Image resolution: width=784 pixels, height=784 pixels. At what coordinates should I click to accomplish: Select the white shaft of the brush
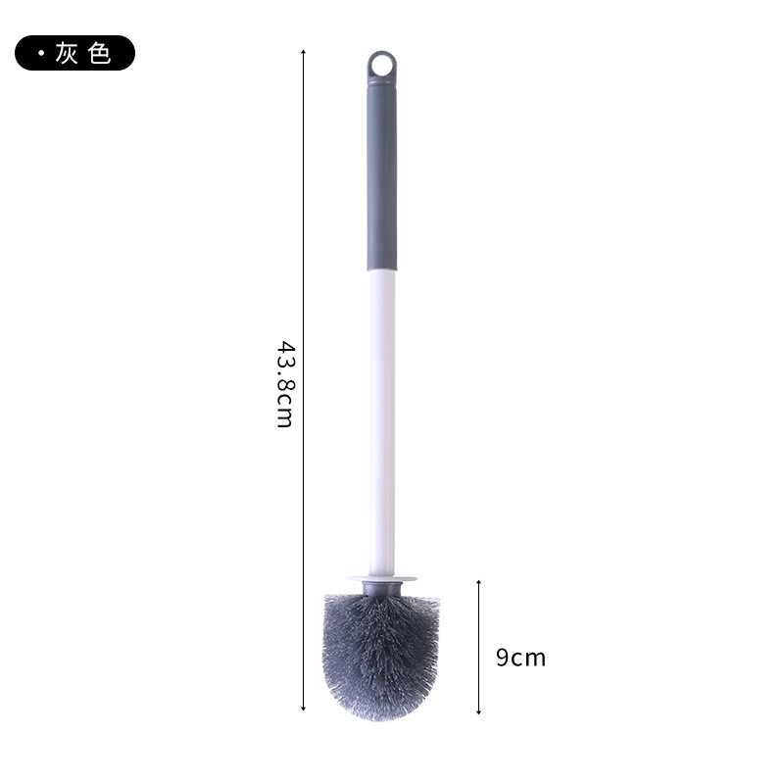(382, 423)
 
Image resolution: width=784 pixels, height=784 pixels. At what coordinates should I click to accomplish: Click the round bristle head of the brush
(381, 657)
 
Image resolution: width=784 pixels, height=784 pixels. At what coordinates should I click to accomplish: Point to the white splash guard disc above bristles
(382, 579)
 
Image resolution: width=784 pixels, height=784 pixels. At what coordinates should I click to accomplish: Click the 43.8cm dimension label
(286, 384)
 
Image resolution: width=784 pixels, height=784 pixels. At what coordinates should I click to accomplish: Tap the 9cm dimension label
(520, 658)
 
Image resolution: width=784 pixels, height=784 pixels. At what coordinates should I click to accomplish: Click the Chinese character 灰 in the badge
(67, 53)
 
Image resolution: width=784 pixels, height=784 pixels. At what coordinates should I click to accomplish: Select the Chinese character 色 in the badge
(99, 53)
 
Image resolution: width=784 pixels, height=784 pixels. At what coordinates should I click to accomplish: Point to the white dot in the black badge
(41, 53)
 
